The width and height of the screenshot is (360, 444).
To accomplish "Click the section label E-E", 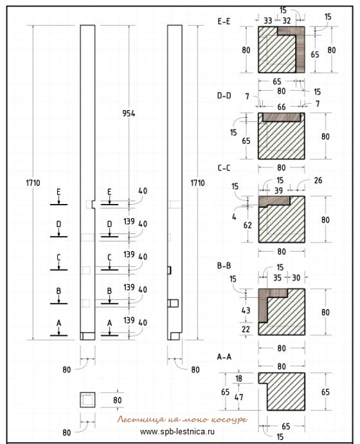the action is [224, 21].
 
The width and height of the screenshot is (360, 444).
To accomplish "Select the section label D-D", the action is [224, 96].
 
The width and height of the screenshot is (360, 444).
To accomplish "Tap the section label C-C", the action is [224, 168].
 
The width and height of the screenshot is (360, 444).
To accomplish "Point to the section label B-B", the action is [224, 266].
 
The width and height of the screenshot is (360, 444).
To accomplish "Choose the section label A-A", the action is [224, 356].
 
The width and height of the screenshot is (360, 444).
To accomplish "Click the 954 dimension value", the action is [129, 113].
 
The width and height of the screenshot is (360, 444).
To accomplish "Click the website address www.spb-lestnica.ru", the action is [177, 432].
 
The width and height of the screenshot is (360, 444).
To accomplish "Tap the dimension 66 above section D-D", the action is [282, 107].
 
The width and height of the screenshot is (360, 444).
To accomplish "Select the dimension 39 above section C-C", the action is [278, 190].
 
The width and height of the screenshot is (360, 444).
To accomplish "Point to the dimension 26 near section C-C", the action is [318, 180].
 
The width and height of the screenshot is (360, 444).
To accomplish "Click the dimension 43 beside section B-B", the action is [246, 310].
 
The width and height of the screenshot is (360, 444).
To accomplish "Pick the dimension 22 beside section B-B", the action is [246, 329].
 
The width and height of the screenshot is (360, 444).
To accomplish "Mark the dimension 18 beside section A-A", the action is [239, 378].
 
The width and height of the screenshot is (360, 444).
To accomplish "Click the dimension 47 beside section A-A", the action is [239, 397].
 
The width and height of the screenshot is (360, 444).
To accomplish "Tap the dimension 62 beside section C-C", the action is [248, 225].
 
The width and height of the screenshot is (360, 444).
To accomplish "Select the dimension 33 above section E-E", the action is [268, 21].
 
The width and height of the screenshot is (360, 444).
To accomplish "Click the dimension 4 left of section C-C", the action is [234, 217].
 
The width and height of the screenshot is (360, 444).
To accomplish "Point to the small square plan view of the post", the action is [87, 400].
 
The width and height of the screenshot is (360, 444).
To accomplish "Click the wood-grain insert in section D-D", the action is [282, 117].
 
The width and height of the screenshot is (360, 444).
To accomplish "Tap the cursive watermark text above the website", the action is [183, 420].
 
